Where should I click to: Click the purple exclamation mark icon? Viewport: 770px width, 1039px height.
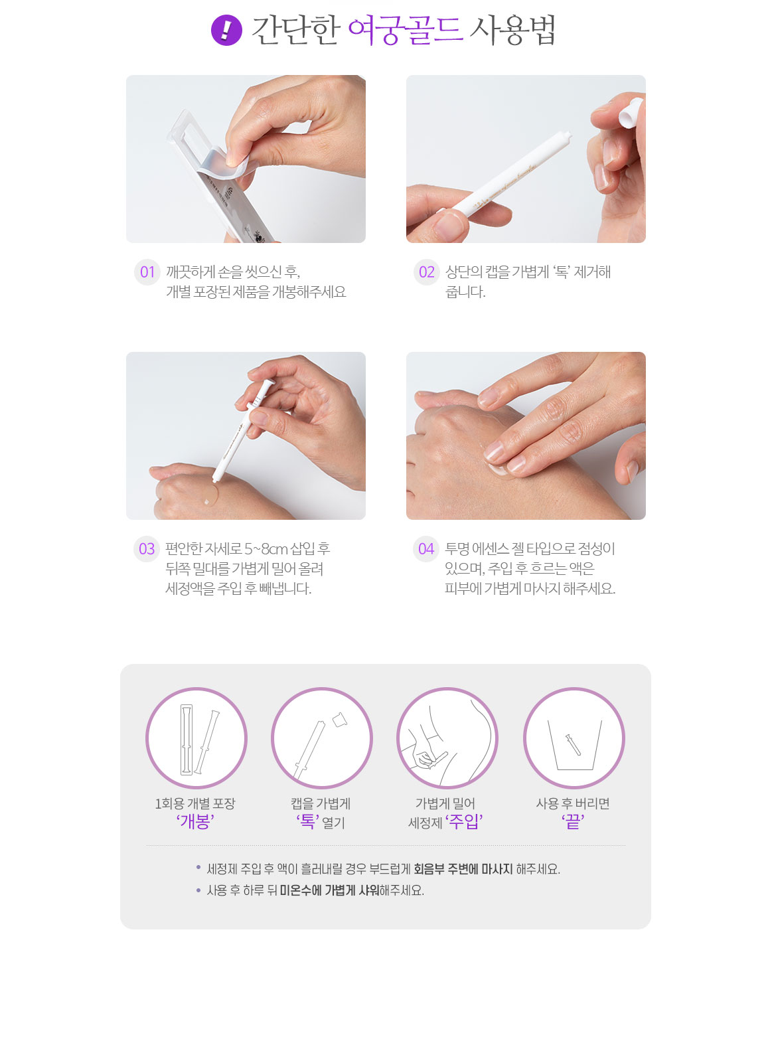pos(226,30)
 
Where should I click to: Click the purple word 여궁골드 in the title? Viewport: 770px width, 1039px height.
pos(405,31)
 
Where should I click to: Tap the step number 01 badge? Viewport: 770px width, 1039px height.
pos(147,272)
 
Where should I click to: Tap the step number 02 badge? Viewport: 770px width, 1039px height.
pos(426,272)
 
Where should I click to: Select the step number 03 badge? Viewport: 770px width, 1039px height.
pos(147,548)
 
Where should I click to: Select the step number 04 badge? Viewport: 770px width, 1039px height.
pos(425,548)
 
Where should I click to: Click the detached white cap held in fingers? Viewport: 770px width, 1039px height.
pos(631,112)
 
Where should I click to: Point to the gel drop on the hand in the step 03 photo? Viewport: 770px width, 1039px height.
pos(209,497)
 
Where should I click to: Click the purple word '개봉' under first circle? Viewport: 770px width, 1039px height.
pos(195,822)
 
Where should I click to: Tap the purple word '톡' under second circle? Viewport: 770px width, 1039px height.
pos(308,822)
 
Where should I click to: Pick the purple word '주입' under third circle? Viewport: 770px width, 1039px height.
pos(464,822)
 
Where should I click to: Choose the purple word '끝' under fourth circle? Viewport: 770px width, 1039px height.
pos(573,822)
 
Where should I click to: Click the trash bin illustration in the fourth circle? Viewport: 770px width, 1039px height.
pos(575,745)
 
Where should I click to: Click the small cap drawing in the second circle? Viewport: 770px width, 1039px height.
pos(340,720)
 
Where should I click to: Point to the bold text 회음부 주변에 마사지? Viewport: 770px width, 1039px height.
pos(463,869)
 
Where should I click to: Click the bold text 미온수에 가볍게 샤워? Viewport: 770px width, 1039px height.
pos(329,890)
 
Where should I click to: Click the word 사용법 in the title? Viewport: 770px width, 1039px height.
pos(512,31)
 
